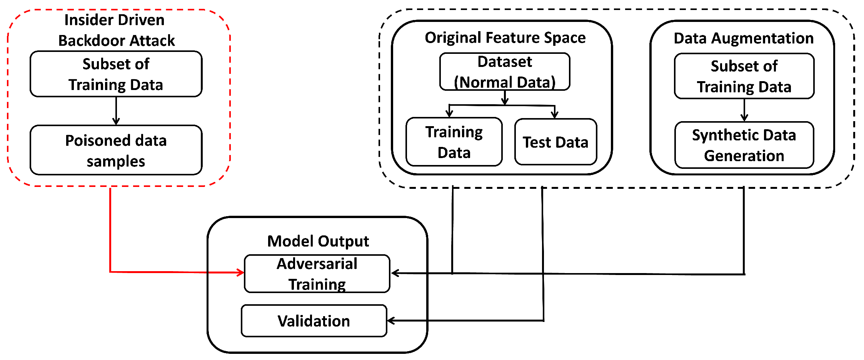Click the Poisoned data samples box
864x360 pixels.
116,150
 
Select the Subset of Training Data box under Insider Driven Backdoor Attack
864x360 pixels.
116,74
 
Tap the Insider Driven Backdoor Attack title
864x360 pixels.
115,30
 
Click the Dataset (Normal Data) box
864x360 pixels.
505,72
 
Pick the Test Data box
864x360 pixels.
555,142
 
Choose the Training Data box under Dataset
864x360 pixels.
454,142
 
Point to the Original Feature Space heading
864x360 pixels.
505,38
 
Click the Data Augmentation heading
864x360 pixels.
744,38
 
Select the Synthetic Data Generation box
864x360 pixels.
744,145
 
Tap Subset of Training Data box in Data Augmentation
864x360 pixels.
744,76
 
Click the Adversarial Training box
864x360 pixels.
317,273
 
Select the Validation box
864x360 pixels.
314,321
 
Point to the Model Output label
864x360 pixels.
318,241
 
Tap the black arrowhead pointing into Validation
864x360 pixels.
391,321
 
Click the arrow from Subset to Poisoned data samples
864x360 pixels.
116,111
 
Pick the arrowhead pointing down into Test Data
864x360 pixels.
554,114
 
